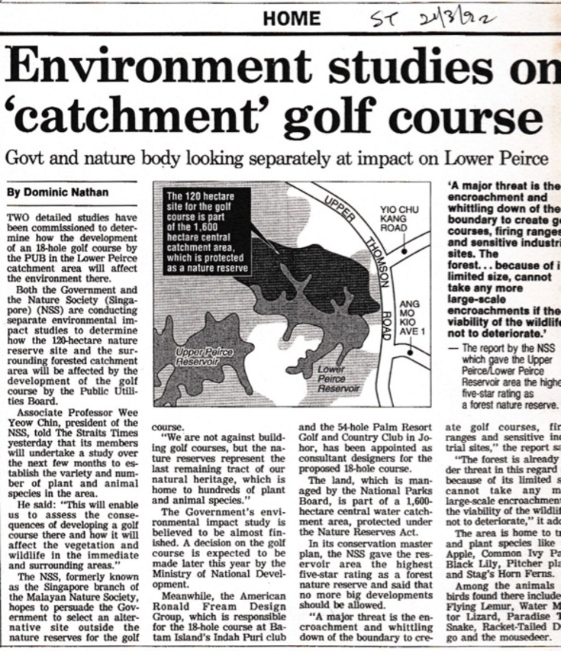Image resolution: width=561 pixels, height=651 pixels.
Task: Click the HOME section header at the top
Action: (x=292, y=18)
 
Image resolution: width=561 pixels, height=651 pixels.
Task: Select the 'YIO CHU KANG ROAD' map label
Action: (x=398, y=221)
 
